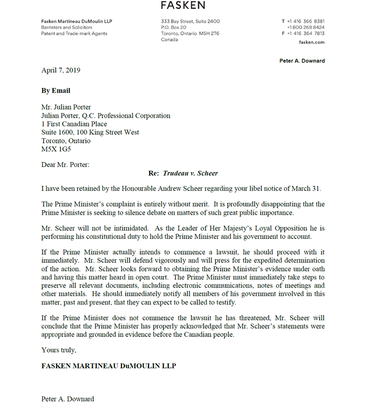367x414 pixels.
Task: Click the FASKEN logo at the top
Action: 183,5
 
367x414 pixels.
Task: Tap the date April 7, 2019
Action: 61,70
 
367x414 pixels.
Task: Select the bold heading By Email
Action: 56,91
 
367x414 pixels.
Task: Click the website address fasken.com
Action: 312,42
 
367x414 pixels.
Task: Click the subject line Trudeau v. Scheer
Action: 190,173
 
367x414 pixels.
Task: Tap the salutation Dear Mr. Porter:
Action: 65,165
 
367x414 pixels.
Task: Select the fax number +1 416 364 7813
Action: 306,34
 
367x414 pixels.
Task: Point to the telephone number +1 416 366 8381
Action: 306,22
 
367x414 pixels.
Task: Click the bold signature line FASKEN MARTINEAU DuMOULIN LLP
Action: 109,366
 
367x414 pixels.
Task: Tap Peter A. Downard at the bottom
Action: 68,399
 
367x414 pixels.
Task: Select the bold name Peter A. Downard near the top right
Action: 302,61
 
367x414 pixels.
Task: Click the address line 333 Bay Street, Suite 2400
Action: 190,22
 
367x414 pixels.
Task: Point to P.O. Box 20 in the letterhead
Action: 174,28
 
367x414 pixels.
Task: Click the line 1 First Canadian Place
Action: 74,124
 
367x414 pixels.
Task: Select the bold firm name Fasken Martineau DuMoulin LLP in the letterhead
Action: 77,22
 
